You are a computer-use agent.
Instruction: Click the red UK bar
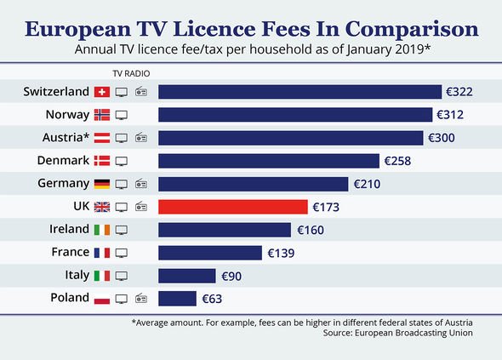point(232,206)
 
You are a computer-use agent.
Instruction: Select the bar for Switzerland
point(299,91)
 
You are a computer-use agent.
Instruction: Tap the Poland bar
point(177,298)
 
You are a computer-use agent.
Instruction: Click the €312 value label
point(450,114)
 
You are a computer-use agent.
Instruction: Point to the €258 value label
point(398,160)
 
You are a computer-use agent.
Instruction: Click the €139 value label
point(281,252)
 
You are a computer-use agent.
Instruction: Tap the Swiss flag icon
point(101,91)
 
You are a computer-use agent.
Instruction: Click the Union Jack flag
point(101,206)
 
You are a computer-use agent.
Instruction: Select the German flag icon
point(101,183)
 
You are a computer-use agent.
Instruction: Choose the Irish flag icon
point(101,229)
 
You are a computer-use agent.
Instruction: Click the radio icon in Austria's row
point(141,137)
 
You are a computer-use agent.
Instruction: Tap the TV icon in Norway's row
point(122,114)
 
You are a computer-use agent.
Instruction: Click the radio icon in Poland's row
point(141,298)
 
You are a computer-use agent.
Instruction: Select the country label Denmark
point(63,160)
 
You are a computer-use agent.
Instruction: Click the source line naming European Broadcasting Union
point(403,333)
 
